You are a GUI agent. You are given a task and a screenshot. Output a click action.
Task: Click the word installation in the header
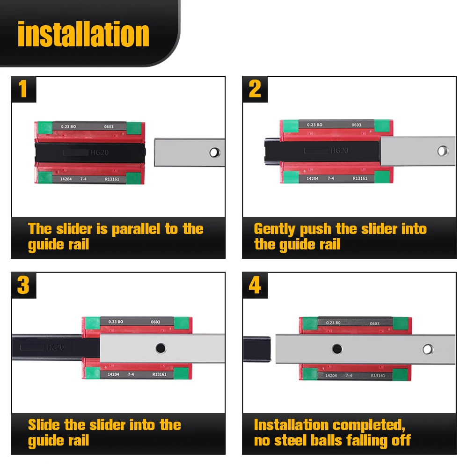[83, 34]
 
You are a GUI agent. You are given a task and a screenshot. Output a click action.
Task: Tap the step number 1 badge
[23, 89]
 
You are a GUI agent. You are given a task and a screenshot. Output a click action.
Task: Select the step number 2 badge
[255, 89]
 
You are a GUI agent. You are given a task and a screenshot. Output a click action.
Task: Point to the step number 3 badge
[23, 285]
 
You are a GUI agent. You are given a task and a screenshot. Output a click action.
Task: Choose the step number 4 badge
[255, 285]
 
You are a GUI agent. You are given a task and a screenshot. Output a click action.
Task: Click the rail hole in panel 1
[215, 153]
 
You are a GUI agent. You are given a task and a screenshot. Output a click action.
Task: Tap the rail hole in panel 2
[443, 151]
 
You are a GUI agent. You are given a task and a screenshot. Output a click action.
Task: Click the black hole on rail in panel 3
[161, 348]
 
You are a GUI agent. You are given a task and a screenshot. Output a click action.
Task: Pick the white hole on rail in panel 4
[428, 349]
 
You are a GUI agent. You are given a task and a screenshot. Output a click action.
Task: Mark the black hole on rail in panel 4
[337, 349]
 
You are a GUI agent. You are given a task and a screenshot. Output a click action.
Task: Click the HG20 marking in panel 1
[99, 153]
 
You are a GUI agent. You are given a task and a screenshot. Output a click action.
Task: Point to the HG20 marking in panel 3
[55, 347]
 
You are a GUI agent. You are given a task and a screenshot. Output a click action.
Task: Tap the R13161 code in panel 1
[112, 179]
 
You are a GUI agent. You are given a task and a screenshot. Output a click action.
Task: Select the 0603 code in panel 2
[356, 125]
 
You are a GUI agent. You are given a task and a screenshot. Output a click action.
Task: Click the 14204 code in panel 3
[113, 374]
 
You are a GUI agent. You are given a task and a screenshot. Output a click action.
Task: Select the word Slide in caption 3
[44, 425]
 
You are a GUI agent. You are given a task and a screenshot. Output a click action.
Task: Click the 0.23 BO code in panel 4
[333, 322]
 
